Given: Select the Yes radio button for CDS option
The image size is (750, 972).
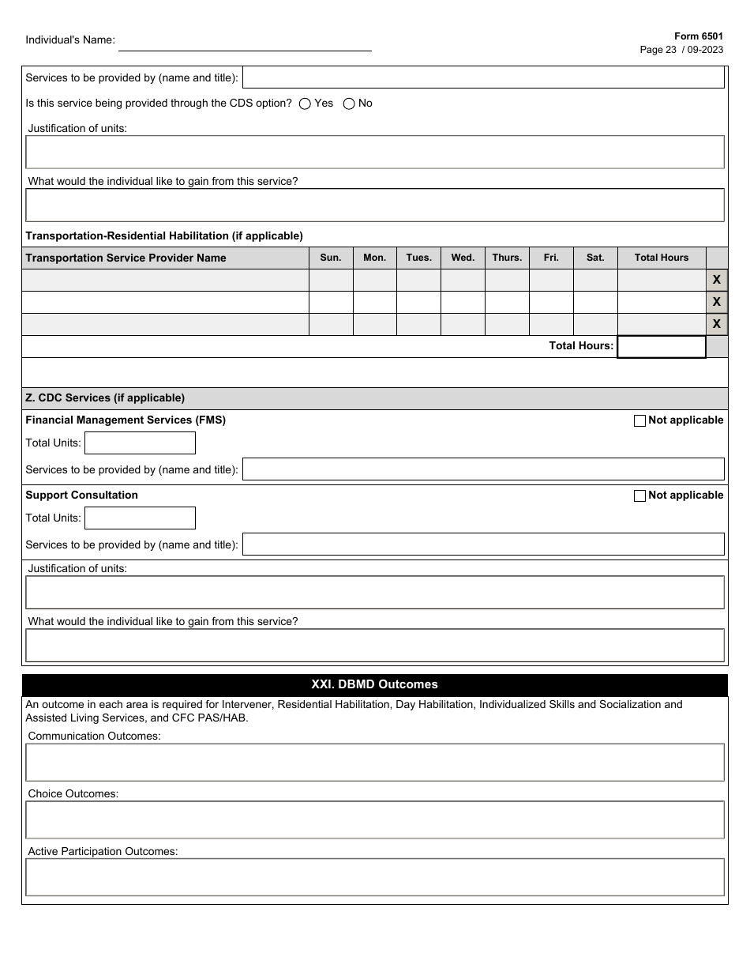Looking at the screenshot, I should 305,104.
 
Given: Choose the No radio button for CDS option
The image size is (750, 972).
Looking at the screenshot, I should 349,104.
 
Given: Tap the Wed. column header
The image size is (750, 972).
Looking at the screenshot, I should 463,258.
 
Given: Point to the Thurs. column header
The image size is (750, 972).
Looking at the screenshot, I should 507,258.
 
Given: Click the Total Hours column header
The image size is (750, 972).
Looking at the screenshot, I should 662,258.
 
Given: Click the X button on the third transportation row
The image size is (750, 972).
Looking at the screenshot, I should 717,324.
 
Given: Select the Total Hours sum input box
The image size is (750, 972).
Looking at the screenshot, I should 662,347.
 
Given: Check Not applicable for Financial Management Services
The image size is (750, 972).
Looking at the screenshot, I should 639,421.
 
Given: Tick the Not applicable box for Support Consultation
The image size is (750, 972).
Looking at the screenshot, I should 639,496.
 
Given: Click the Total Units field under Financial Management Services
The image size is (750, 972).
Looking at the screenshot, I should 140,443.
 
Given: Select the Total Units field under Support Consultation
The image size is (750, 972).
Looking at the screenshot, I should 140,518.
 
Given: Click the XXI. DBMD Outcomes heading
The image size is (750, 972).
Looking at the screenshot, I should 374,685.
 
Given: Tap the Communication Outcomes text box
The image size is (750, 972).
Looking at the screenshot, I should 374,763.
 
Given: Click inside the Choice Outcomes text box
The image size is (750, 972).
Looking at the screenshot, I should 374,820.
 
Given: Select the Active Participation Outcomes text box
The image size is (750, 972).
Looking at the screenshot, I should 374,877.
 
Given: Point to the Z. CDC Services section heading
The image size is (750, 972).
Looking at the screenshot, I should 105,398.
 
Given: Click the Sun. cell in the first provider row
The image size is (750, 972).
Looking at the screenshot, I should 331,281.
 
